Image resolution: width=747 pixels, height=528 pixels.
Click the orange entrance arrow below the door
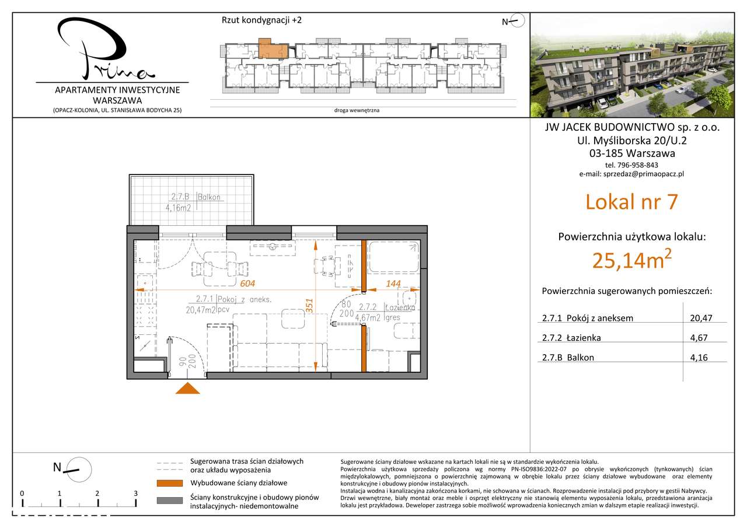pyautogui.click(x=188, y=390)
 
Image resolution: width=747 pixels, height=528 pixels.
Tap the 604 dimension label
pyautogui.click(x=249, y=284)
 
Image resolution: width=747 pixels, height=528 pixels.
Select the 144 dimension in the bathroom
pyautogui.click(x=394, y=284)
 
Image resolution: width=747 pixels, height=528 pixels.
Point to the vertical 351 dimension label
pyautogui.click(x=310, y=307)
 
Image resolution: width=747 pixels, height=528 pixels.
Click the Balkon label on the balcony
pyautogui.click(x=210, y=197)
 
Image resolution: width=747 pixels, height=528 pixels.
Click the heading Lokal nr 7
pyautogui.click(x=631, y=202)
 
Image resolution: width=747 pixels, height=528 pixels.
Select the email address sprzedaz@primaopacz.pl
pyautogui.click(x=631, y=174)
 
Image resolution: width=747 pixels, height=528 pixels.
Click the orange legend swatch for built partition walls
pyautogui.click(x=170, y=483)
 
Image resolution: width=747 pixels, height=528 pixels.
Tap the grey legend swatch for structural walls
pyautogui.click(x=170, y=501)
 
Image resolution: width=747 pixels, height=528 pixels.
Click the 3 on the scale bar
pyautogui.click(x=135, y=493)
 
